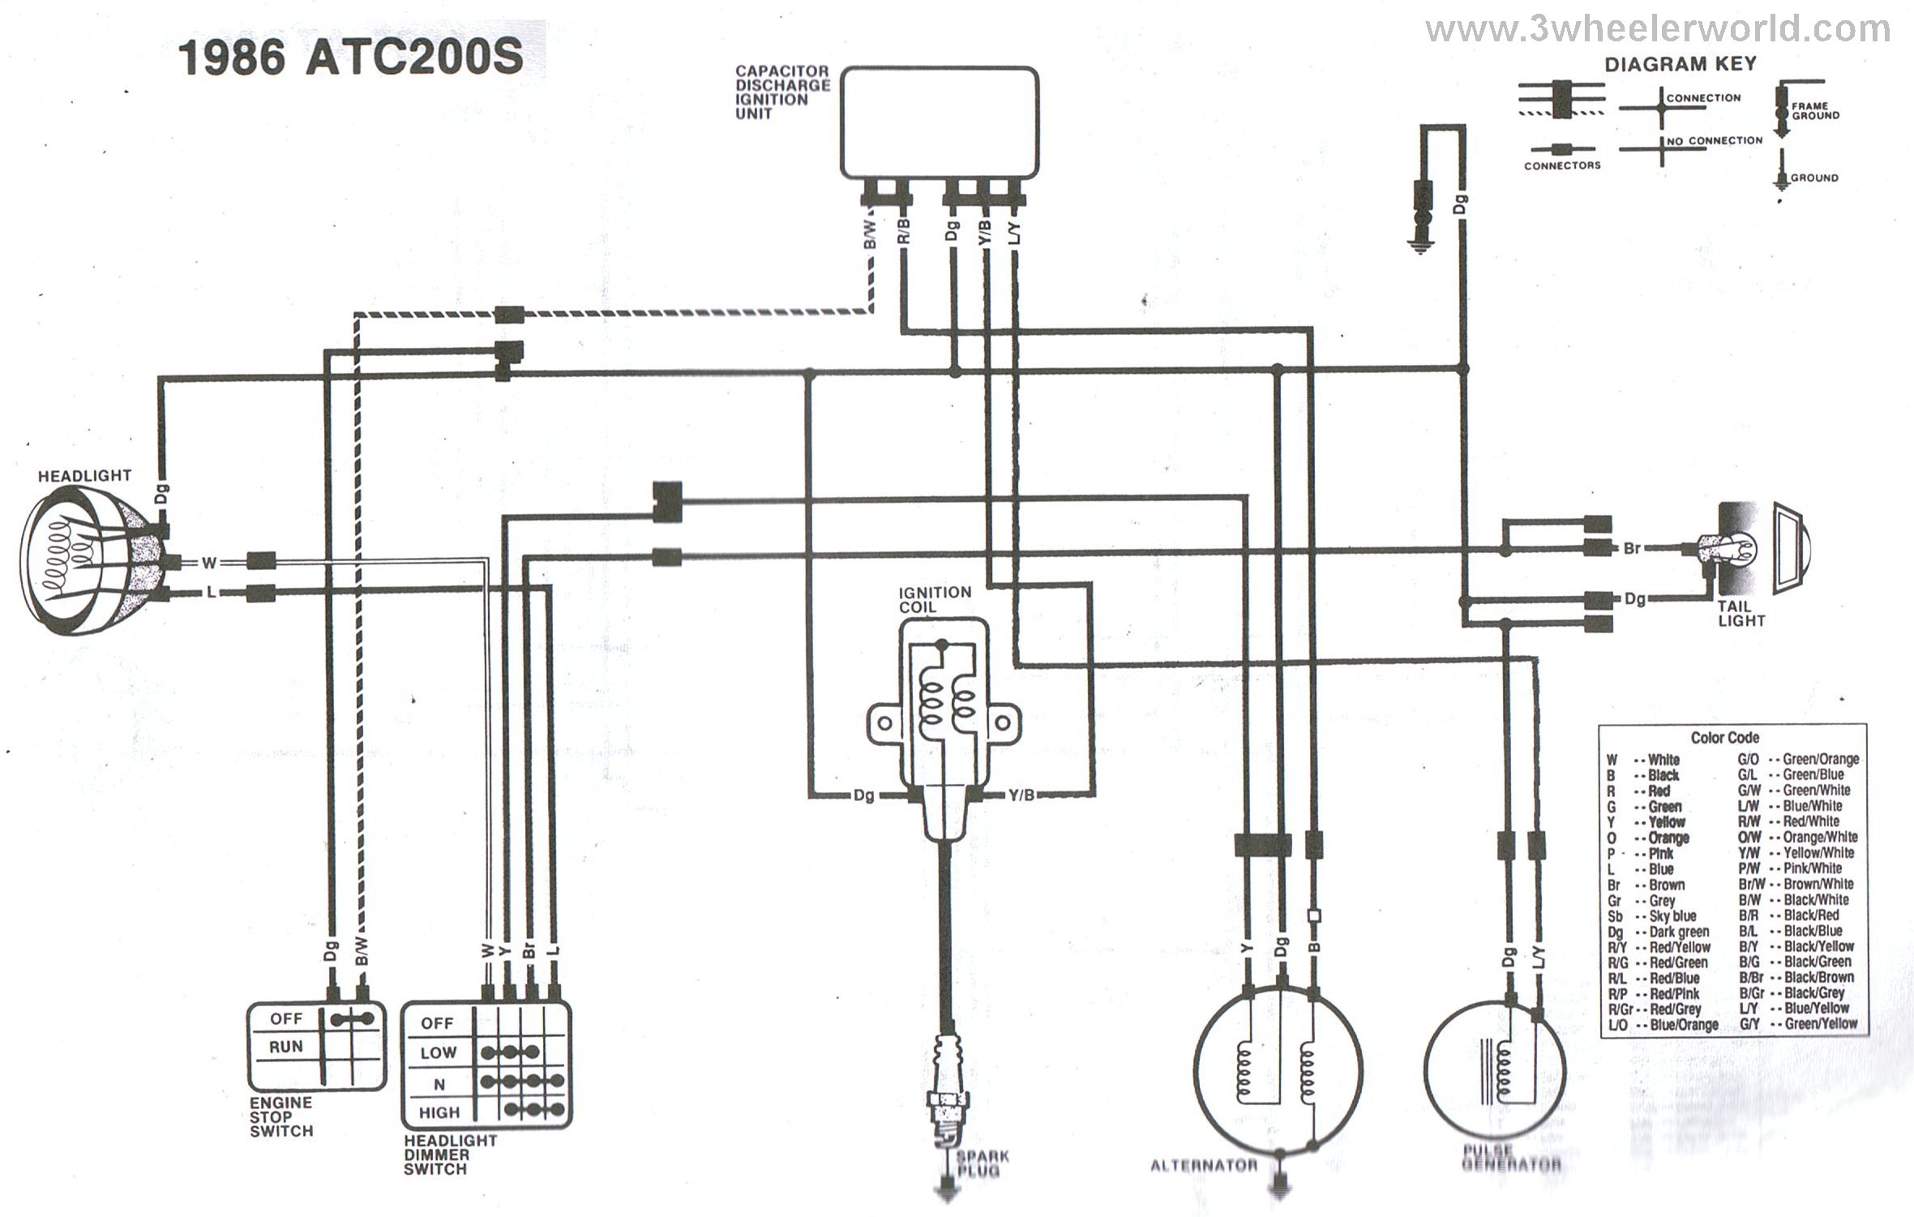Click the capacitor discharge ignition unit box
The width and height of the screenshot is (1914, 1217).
[940, 122]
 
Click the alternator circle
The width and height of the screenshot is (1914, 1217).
[1278, 1070]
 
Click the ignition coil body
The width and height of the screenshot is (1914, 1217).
[943, 713]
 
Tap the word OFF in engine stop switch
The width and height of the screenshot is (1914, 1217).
[286, 1018]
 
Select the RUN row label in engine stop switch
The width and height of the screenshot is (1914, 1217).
[285, 1047]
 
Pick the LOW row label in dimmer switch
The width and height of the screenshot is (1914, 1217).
[439, 1052]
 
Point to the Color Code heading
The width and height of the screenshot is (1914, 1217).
[1724, 738]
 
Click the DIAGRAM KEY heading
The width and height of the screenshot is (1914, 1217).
[1681, 64]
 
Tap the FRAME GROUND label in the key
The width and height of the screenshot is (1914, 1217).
[1815, 111]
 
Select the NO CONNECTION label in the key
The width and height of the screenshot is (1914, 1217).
[1714, 141]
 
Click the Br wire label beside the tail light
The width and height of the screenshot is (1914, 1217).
[1632, 548]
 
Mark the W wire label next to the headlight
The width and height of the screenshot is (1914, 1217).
[209, 562]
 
